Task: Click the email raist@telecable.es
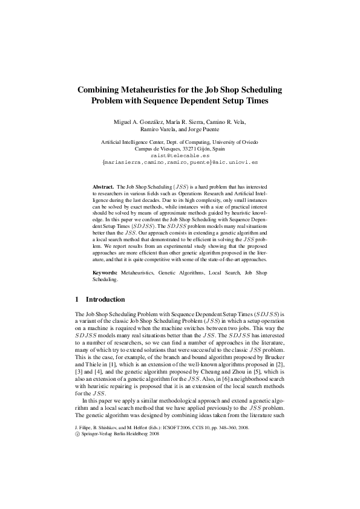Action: tap(180, 155)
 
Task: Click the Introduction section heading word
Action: tap(105, 299)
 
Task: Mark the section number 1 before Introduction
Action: tap(77, 299)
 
